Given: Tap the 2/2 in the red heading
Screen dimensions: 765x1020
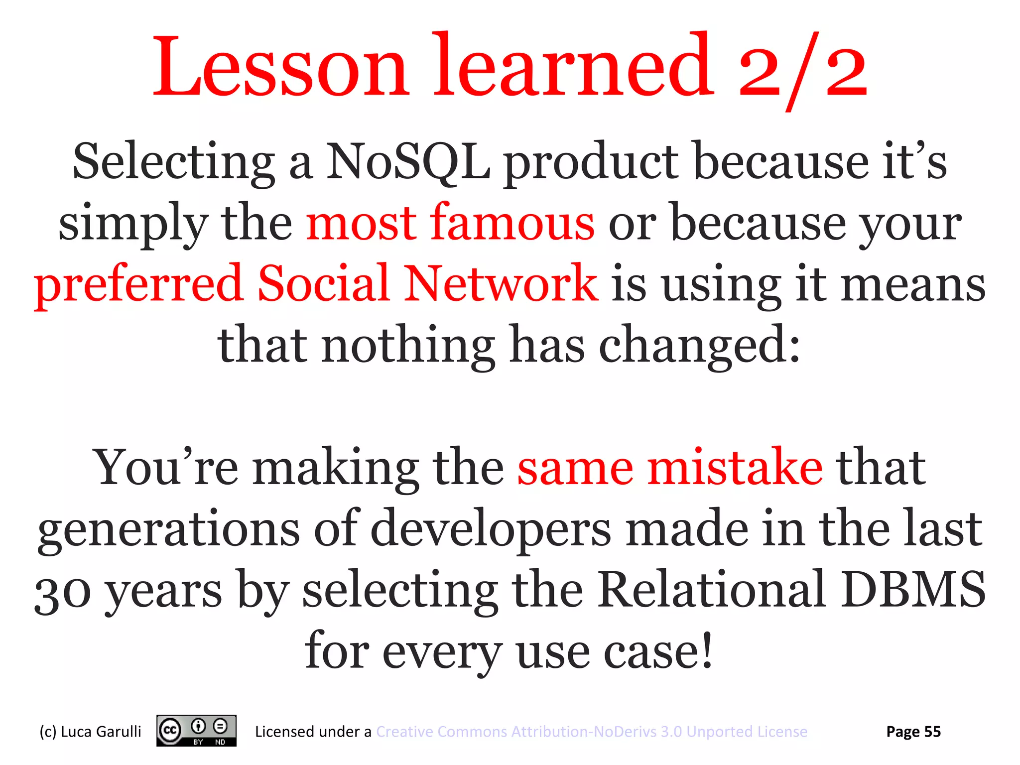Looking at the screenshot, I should pos(802,70).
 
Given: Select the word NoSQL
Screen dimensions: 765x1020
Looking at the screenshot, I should pos(407,162).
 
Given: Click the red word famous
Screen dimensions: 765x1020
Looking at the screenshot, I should pos(512,223).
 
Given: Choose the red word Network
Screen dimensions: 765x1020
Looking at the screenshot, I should pos(500,284).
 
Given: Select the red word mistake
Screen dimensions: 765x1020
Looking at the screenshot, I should pos(735,467).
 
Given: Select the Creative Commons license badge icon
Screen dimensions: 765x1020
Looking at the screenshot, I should pos(196,731).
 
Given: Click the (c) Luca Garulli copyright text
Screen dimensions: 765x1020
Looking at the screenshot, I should pos(90,732).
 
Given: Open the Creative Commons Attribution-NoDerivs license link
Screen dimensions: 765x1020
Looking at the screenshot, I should pos(591,732).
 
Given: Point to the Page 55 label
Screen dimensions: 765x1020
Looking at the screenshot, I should pos(913,732).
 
